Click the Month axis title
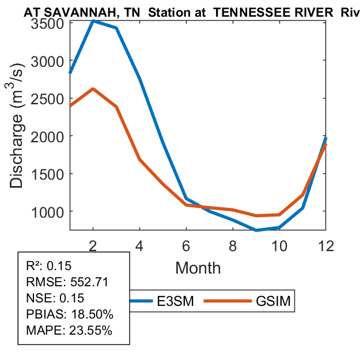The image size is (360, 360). pos(198,267)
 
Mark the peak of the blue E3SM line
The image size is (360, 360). pos(93,20)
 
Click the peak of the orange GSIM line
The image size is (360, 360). pos(93,89)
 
